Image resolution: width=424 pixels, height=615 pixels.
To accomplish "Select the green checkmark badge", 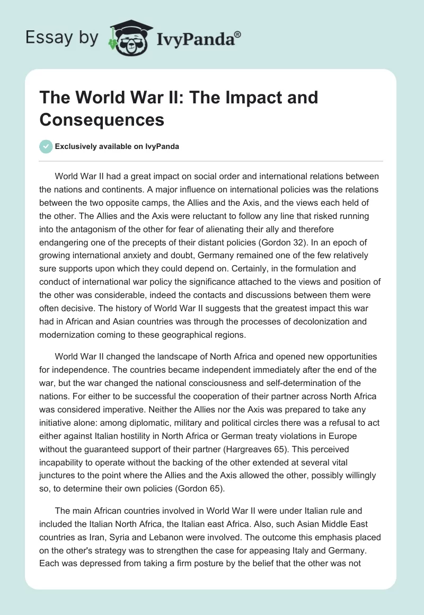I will click(x=46, y=146).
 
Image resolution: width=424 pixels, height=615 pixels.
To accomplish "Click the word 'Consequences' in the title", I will click(x=102, y=119).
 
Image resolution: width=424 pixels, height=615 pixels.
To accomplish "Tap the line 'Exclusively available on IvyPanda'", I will click(x=117, y=146).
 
